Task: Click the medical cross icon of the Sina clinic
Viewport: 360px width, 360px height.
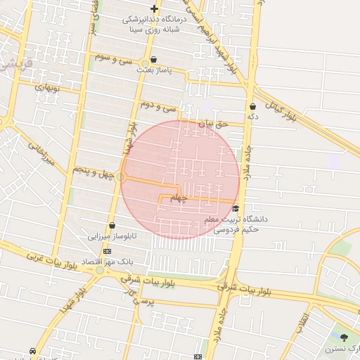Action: tap(154, 8)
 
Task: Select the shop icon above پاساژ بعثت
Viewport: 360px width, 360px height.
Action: tap(154, 60)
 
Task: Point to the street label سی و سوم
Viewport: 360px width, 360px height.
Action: tap(116, 60)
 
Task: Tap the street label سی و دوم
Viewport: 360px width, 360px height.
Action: tap(157, 107)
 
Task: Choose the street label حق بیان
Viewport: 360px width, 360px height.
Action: tap(213, 124)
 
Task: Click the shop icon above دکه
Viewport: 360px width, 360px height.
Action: tap(252, 106)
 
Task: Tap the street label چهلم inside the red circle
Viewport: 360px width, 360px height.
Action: tap(180, 198)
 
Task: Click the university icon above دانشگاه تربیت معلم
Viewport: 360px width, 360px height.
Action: tap(236, 208)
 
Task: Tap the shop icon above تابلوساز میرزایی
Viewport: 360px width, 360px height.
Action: tap(112, 225)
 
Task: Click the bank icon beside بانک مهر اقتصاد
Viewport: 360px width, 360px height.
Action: tap(107, 251)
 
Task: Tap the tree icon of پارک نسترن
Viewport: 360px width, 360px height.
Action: tap(344, 338)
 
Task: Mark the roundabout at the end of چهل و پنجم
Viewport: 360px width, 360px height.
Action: tap(121, 176)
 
